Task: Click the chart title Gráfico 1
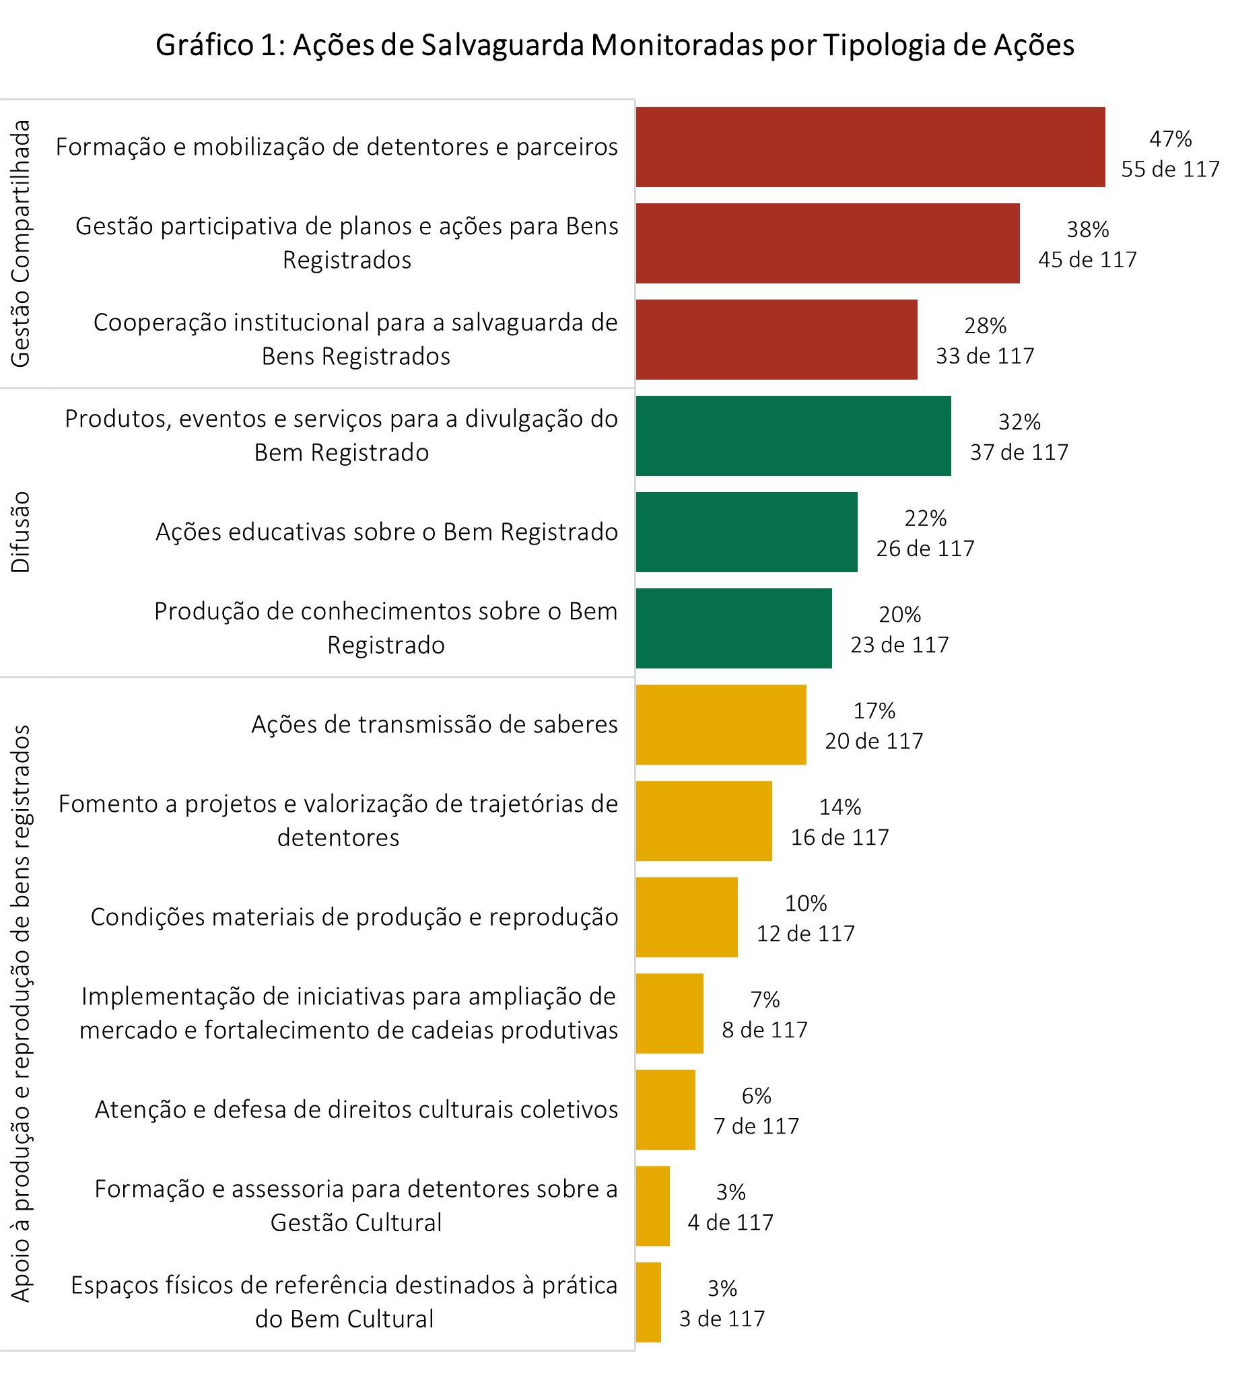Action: tap(615, 46)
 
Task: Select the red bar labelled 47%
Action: tap(870, 147)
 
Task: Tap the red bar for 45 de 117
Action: tap(827, 243)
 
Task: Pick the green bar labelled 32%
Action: tap(793, 436)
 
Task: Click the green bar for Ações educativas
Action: tap(747, 532)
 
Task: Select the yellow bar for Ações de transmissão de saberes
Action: tap(720, 724)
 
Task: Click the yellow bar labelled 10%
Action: tap(687, 917)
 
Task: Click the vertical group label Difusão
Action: tap(21, 532)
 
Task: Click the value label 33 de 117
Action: tap(985, 356)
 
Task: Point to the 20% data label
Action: tap(899, 614)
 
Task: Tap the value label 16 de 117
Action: tap(839, 837)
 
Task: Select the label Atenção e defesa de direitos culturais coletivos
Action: tap(356, 1109)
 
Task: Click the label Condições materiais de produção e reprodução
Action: tap(354, 917)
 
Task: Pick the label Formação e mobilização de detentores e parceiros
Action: tap(336, 147)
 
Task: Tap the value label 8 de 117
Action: tap(764, 1029)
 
